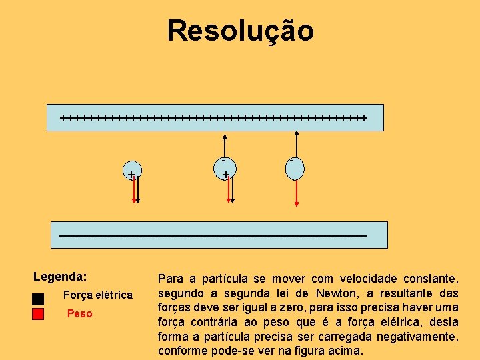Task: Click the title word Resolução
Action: [240, 31]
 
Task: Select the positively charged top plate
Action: [215, 118]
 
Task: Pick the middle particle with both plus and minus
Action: [227, 169]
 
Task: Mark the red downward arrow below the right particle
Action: [296, 193]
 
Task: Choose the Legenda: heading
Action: [61, 276]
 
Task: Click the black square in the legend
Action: [38, 297]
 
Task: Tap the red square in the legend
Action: [38, 313]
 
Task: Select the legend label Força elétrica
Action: [97, 295]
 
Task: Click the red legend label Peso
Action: [80, 313]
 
